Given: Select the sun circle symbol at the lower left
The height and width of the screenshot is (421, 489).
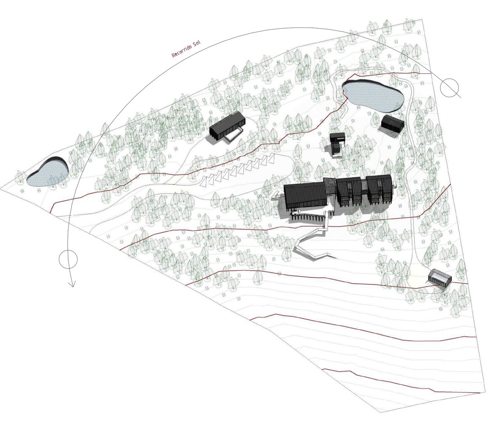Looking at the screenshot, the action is point(68,259).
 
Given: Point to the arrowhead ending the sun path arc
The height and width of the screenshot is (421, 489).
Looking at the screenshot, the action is point(72,284).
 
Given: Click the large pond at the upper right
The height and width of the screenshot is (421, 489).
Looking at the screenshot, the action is point(373,96).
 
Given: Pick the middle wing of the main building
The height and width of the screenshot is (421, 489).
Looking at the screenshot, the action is point(349,191).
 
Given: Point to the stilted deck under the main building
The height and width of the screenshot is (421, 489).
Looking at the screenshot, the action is point(307,216).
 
